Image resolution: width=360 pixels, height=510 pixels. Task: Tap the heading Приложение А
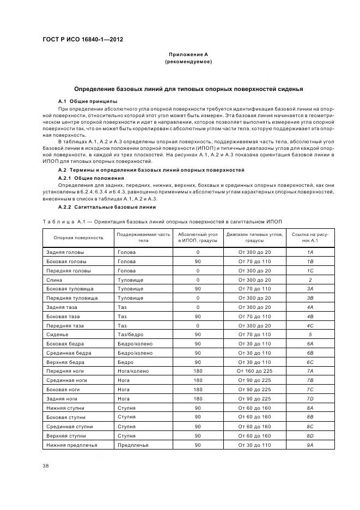pos(188,54)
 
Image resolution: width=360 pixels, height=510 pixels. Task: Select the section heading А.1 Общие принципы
pos(88,101)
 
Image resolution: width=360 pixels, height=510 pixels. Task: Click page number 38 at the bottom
pos(46,465)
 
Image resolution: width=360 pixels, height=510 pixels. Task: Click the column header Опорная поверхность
pos(78,238)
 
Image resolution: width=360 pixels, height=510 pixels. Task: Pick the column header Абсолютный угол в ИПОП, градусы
pos(198,237)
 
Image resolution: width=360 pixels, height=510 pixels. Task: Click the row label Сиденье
pos(57,334)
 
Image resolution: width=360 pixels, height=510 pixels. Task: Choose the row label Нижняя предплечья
pos(72,445)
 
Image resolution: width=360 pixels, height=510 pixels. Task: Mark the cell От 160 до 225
pos(254,371)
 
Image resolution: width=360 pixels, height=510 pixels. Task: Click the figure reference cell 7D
pos(310,398)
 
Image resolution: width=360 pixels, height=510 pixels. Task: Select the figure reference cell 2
pos(310,280)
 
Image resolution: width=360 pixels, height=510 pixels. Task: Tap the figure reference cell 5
pos(310,334)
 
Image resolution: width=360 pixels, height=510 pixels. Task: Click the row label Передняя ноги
pos(65,371)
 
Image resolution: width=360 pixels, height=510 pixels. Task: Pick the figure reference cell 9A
pos(310,445)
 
